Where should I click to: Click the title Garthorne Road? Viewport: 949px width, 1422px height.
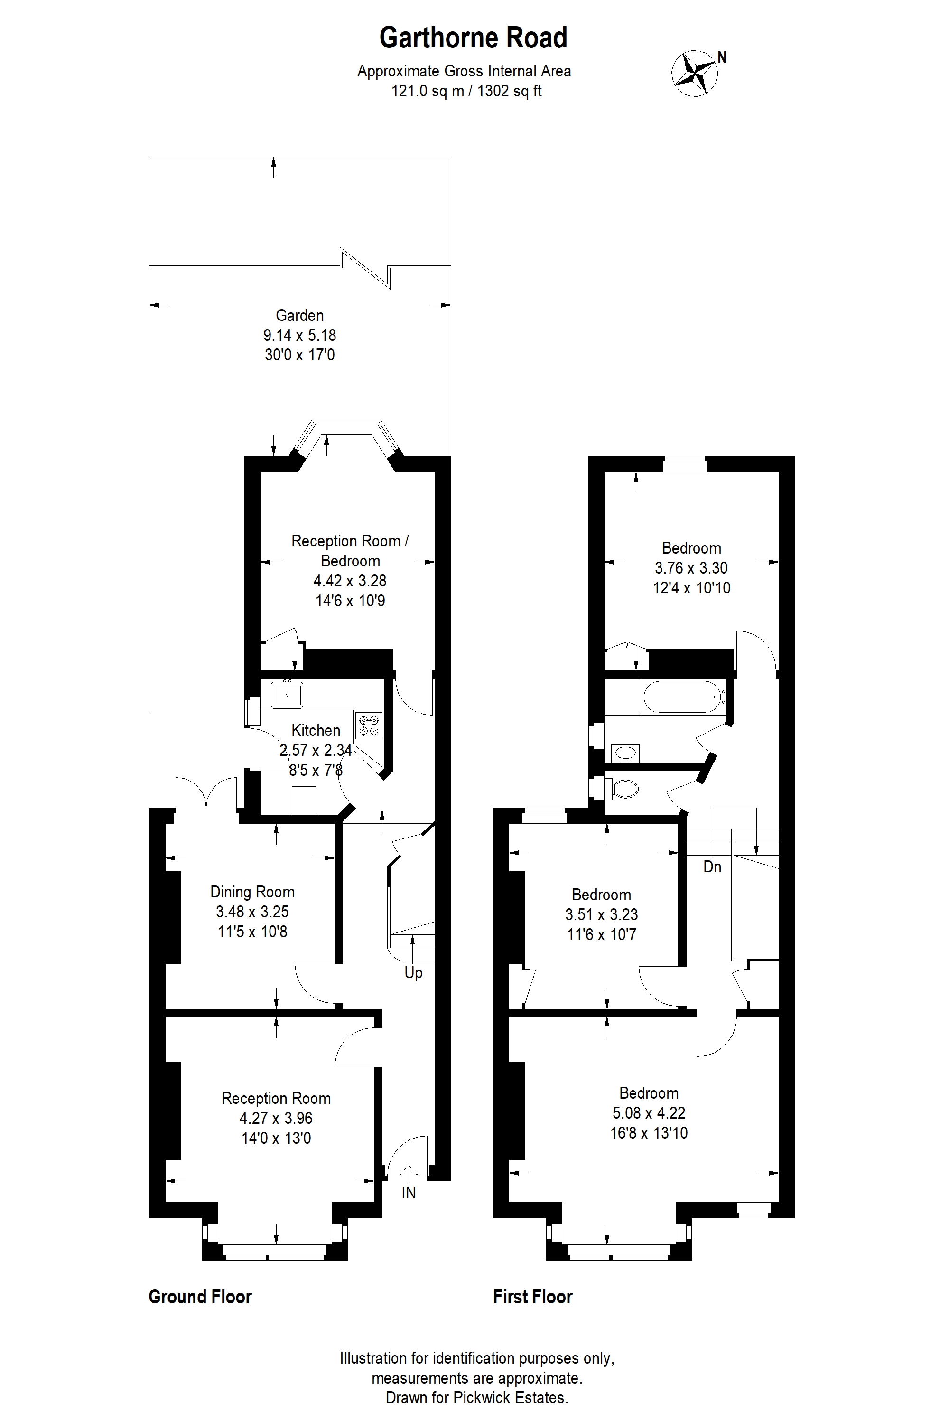pos(473,38)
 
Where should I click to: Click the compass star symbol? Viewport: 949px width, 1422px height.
pos(694,73)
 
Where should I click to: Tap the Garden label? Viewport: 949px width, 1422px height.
pos(299,316)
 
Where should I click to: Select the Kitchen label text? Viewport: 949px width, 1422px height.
pos(316,730)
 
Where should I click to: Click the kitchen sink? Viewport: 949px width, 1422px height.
pos(287,695)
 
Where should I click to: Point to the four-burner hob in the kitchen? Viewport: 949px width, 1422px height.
pos(369,725)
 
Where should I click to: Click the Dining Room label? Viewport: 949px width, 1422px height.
pos(252,892)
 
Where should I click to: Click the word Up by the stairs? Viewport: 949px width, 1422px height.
pos(413,973)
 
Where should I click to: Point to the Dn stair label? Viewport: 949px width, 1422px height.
pos(712,867)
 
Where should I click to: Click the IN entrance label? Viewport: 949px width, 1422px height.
pos(409,1193)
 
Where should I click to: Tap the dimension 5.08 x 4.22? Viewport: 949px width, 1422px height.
pos(649,1113)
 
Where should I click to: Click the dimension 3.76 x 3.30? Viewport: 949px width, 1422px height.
pos(691,568)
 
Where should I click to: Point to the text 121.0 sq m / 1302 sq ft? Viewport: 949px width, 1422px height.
pos(466,91)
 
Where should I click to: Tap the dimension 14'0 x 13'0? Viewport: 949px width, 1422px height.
pos(276,1139)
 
